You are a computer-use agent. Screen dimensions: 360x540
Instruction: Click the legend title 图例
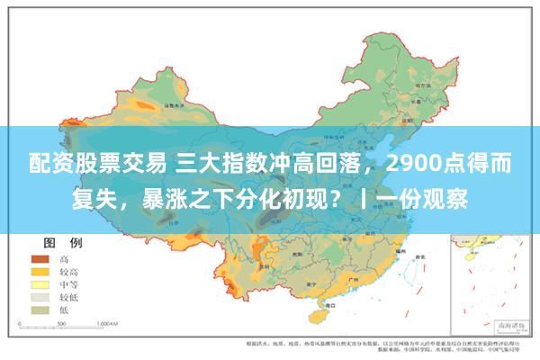63,243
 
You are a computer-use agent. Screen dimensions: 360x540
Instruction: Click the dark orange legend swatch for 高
40,258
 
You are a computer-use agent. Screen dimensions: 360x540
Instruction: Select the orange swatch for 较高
40,271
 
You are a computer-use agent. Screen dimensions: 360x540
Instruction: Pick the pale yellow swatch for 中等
40,283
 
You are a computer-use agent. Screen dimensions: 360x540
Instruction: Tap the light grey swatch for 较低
40,296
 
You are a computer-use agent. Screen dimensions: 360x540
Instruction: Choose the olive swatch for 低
40,309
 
